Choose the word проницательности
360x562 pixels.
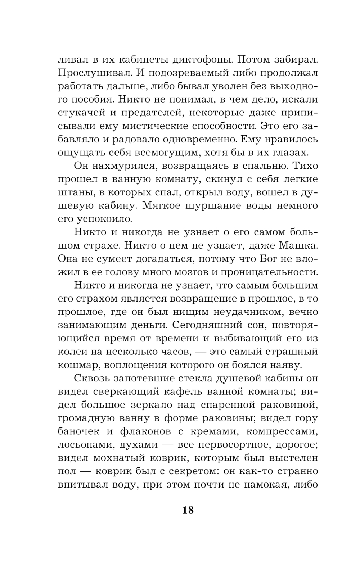tap(261, 272)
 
